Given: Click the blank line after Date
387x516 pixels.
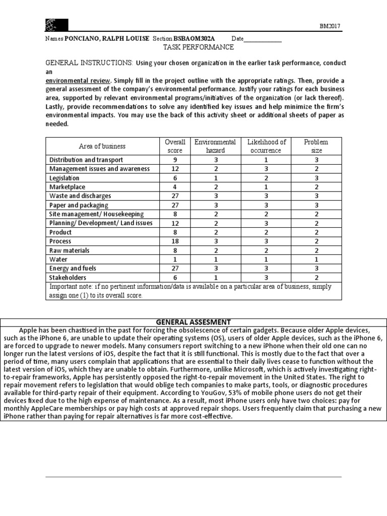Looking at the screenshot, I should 263,39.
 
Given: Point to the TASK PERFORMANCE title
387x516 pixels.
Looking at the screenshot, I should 198,47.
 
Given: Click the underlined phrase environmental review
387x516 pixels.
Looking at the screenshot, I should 78,81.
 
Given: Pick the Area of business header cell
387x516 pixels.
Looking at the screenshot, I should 102,146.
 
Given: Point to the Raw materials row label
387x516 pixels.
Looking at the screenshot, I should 69,250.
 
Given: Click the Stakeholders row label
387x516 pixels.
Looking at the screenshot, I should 68,278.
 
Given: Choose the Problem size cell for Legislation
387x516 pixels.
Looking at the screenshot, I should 316,178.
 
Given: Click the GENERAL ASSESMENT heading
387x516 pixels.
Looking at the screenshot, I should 193,322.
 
